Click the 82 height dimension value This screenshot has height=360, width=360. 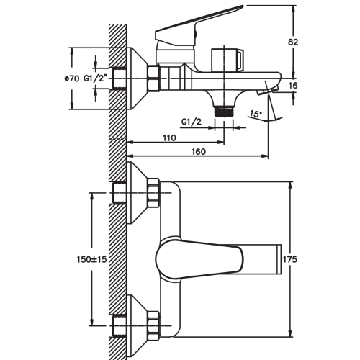(x=293, y=42)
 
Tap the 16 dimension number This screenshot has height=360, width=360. (x=293, y=86)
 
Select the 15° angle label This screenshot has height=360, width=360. (x=255, y=113)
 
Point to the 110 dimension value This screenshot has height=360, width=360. (x=169, y=138)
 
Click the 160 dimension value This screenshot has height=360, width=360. (x=199, y=152)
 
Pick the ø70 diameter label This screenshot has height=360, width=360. (x=71, y=78)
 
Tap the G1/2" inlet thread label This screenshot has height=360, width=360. (x=95, y=78)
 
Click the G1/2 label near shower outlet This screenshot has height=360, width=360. (x=192, y=122)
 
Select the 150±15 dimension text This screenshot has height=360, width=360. (x=91, y=259)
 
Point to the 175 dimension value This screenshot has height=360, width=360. (x=290, y=259)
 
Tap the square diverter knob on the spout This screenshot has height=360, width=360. (x=228, y=60)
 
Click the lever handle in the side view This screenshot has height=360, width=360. (x=199, y=27)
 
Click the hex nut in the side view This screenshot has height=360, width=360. (x=154, y=78)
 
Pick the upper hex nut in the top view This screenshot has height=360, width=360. (x=154, y=193)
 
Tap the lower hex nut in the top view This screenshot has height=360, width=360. (x=154, y=325)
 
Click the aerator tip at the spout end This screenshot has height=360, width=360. (x=267, y=91)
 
